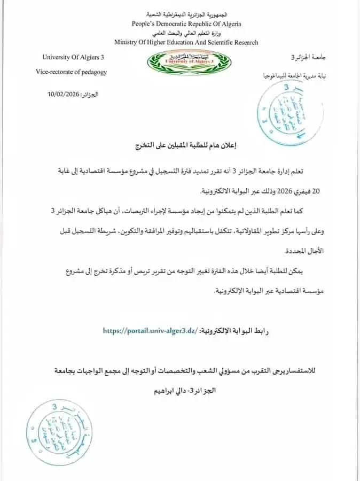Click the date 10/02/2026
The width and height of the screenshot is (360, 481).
pos(63,94)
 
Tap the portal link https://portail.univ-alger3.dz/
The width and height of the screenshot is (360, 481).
pos(150,331)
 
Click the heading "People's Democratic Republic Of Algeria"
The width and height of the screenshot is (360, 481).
pos(186,24)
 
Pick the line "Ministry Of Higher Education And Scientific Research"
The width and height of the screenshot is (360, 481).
pos(186,42)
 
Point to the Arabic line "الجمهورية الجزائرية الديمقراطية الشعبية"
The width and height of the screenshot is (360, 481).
pos(186,15)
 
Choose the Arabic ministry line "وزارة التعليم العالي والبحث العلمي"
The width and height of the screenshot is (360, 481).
pos(186,33)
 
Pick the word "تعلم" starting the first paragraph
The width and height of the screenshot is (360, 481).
pos(317,171)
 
